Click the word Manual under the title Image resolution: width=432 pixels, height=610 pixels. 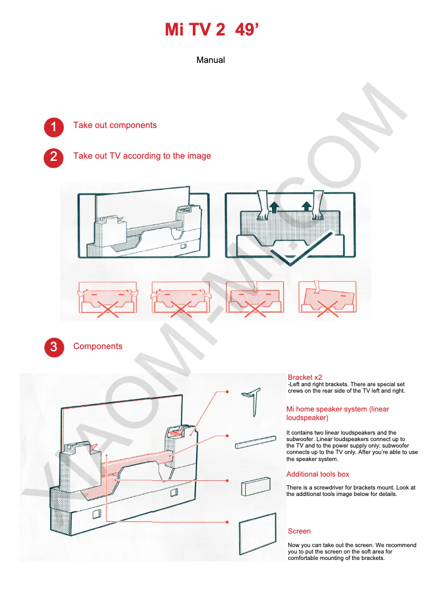(211, 60)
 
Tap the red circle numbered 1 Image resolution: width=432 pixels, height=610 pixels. (53, 127)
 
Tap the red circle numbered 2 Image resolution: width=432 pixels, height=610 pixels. (53, 158)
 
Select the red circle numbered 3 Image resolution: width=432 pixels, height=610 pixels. (53, 348)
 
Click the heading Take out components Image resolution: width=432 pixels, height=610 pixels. (115, 125)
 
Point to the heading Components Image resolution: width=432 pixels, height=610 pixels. (97, 346)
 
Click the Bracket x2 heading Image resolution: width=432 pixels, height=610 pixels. (305, 377)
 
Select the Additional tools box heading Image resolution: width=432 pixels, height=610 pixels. (318, 474)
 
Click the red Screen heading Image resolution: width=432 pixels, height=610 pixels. (299, 531)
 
